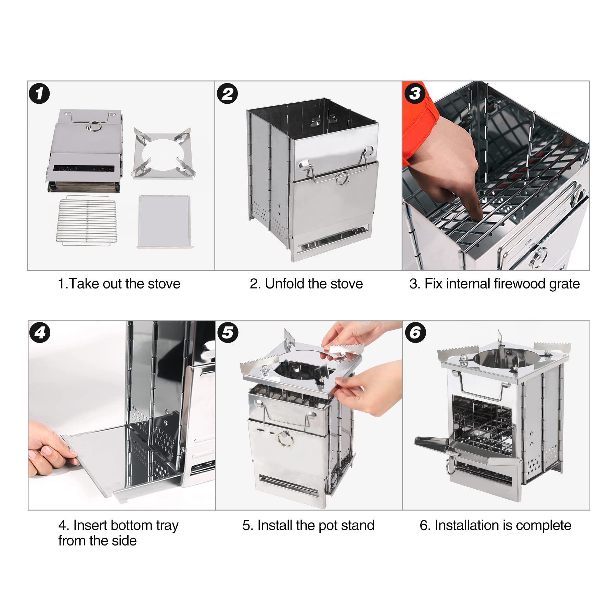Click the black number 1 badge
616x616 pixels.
tap(39, 93)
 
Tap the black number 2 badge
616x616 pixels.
tap(227, 93)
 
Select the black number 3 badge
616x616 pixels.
tap(415, 93)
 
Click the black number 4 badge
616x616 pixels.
tap(40, 332)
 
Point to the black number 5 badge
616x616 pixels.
tap(228, 332)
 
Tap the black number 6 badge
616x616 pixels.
tap(415, 332)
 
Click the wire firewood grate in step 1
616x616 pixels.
tap(87, 220)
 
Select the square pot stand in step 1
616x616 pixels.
tap(164, 153)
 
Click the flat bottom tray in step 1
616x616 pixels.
tap(165, 221)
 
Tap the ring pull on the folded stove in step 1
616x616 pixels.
tap(93, 126)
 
